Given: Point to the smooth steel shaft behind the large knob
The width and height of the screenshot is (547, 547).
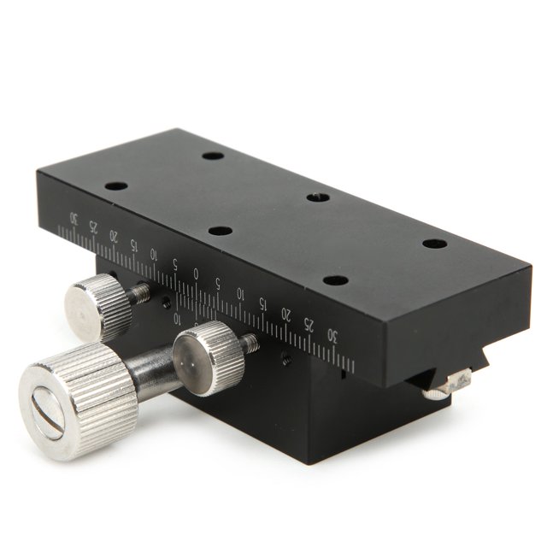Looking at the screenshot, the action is click(x=154, y=374).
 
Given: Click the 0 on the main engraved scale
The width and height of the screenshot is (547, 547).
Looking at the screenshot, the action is click(x=197, y=274).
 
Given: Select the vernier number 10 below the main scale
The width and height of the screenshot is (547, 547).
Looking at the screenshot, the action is click(x=178, y=318).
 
